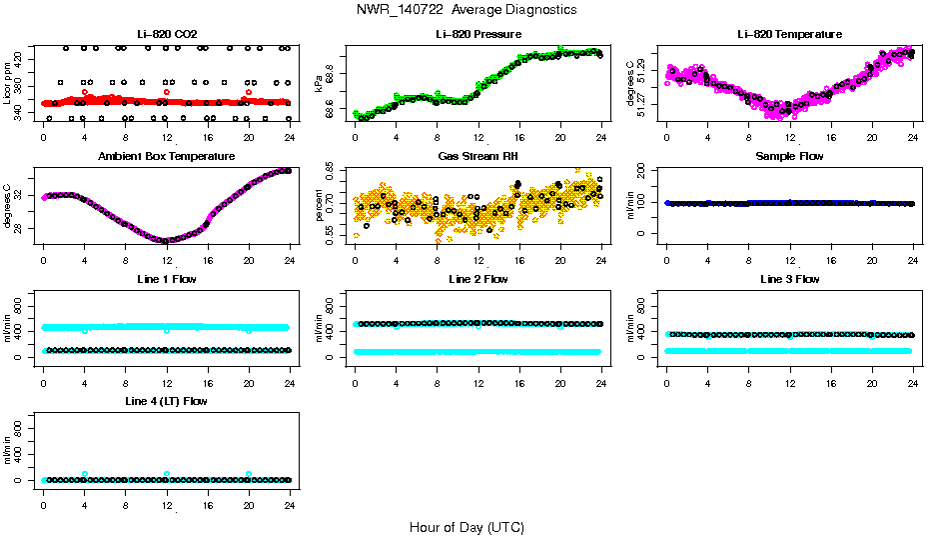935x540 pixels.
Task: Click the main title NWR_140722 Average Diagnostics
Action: [467, 10]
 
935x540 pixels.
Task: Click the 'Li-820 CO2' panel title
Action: [167, 34]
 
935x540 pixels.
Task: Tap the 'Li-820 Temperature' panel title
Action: [789, 34]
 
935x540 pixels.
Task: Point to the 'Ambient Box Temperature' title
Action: [167, 156]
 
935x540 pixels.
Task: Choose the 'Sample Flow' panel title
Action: [789, 156]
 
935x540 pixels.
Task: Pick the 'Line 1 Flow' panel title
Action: [167, 279]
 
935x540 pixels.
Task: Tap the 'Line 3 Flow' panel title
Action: [789, 279]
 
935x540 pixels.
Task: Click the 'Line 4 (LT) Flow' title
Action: [167, 401]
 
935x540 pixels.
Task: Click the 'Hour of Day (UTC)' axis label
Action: [467, 527]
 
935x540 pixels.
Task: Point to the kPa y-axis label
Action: [320, 83]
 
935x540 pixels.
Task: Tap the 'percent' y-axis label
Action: [320, 205]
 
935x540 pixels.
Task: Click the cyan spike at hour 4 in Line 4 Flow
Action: [85, 474]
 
